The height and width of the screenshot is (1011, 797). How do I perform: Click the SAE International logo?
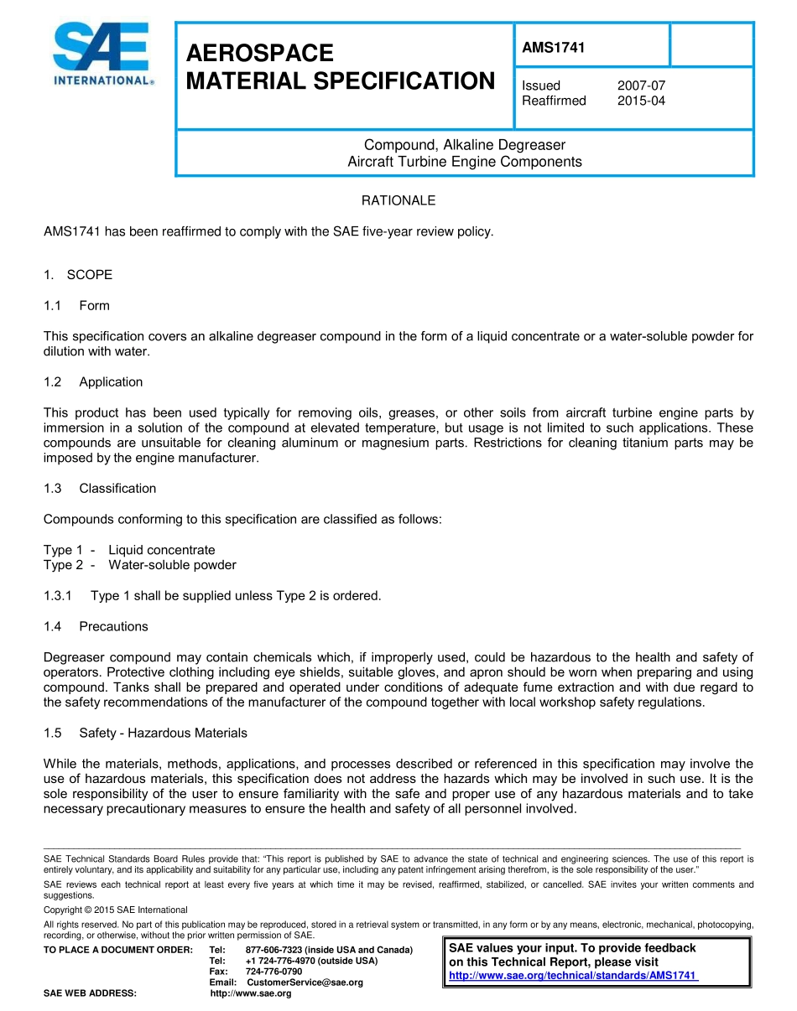click(x=102, y=54)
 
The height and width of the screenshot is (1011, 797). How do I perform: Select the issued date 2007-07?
click(x=641, y=86)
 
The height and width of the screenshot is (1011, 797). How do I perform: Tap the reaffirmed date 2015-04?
click(x=641, y=101)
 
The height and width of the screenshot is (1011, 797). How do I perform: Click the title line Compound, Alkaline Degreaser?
click(x=464, y=145)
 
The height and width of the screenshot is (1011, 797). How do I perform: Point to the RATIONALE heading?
click(x=398, y=200)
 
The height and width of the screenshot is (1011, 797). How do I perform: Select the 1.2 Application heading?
click(x=93, y=381)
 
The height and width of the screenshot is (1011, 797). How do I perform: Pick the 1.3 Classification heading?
click(x=100, y=488)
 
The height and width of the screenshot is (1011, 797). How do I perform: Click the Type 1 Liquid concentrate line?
click(x=129, y=550)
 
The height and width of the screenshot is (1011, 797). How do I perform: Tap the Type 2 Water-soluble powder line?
click(x=139, y=565)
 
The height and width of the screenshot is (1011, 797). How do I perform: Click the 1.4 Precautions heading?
click(x=96, y=626)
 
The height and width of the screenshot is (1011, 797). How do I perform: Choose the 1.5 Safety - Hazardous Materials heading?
click(x=145, y=733)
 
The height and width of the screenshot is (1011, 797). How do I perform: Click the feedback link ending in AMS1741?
click(x=573, y=976)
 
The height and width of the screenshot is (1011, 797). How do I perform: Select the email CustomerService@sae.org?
click(x=305, y=982)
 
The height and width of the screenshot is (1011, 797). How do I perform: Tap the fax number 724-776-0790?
click(x=273, y=972)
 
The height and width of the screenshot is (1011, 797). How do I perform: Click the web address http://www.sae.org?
click(x=250, y=993)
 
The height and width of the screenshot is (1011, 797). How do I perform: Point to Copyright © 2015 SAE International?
click(x=115, y=910)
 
